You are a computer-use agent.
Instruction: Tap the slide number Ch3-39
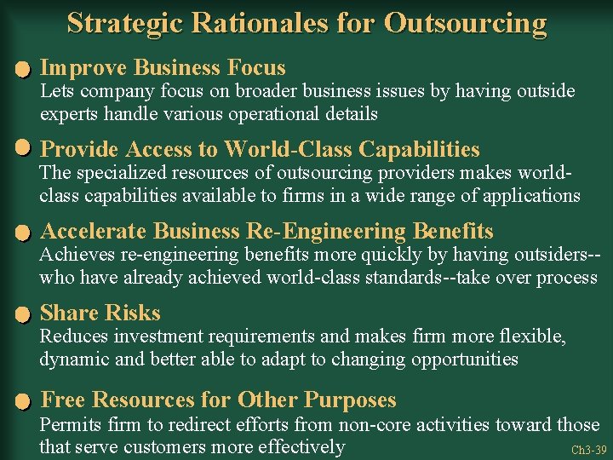[589, 450]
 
